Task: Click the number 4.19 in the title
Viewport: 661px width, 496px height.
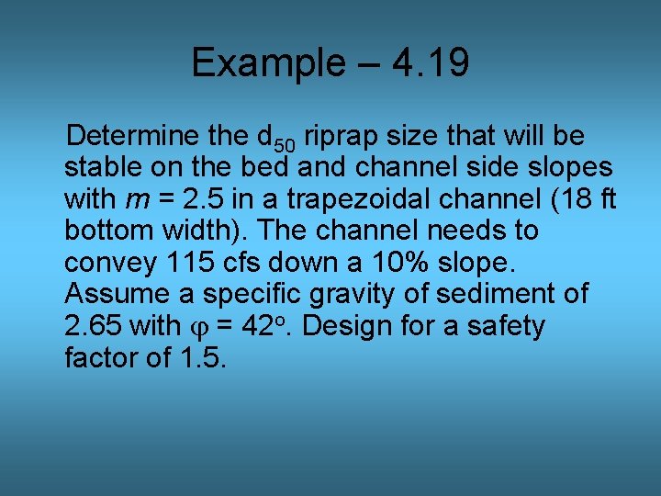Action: [x=430, y=63]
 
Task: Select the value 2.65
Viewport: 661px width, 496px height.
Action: [x=93, y=326]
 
